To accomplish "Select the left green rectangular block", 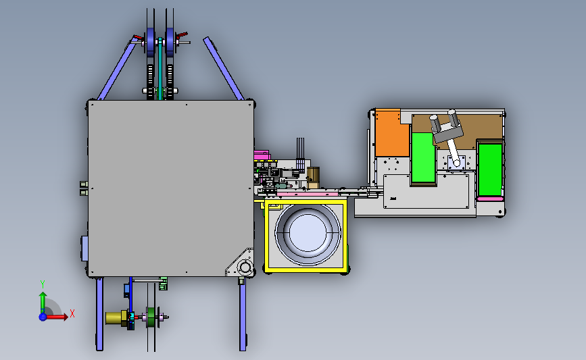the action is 423,157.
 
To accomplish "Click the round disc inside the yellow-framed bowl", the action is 308,233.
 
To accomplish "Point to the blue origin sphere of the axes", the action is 43,317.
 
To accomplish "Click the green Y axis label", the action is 43,284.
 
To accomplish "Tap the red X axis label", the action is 72,313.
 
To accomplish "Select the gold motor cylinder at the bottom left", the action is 115,318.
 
